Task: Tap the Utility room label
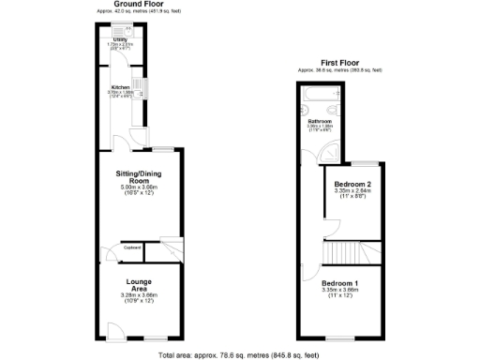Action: (x=121, y=39)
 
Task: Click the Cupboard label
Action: (x=131, y=247)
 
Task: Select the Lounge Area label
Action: (x=139, y=282)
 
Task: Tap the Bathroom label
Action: (x=321, y=122)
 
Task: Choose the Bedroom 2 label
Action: (x=353, y=184)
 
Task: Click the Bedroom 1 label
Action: (x=339, y=283)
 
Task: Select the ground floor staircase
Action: (x=165, y=245)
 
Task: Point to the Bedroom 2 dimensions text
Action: (x=353, y=194)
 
